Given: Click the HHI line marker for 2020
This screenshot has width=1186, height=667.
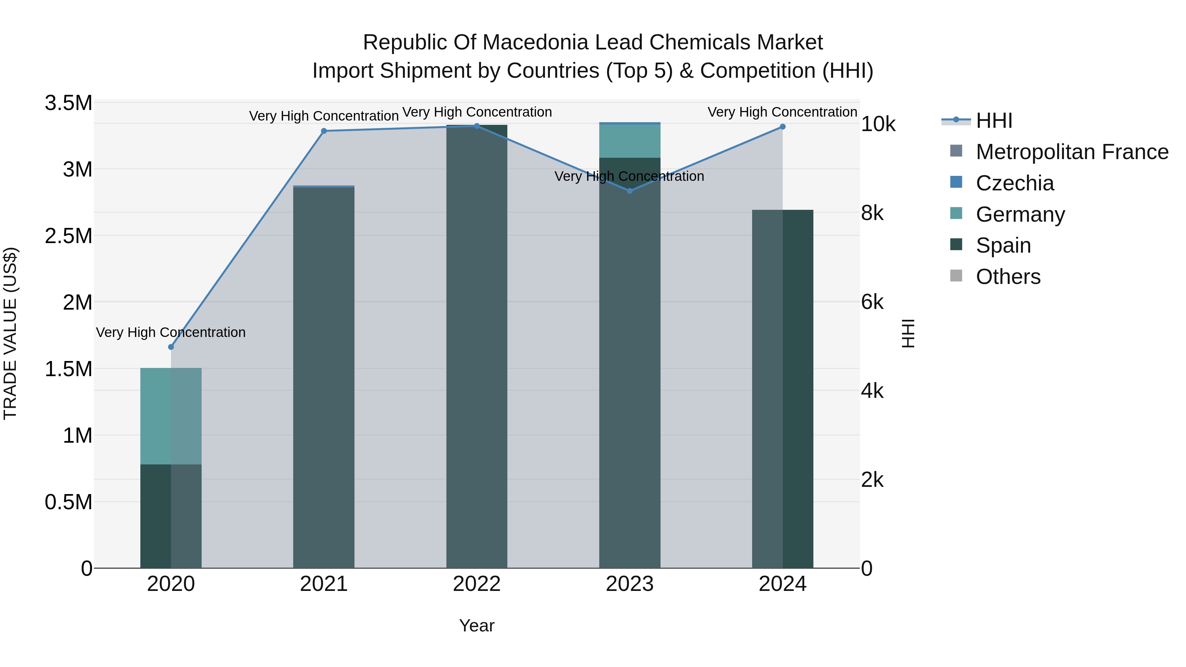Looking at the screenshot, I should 171,347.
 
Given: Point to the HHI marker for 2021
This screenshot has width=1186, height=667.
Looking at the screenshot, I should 324,131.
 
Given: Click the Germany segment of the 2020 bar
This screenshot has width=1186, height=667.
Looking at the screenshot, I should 171,416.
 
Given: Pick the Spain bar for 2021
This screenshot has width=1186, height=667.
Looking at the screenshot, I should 324,377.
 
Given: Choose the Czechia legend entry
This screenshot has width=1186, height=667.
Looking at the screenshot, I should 1014,183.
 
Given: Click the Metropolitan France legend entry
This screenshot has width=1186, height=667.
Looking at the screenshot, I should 1072,152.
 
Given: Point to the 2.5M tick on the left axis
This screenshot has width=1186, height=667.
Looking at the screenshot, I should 69,236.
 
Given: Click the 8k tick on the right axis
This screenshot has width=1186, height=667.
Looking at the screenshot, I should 872,213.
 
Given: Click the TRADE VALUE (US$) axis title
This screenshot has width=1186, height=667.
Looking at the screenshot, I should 10,333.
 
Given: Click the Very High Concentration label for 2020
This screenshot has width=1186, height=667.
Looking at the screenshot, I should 171,332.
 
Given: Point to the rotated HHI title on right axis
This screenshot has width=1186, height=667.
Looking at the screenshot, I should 908,333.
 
